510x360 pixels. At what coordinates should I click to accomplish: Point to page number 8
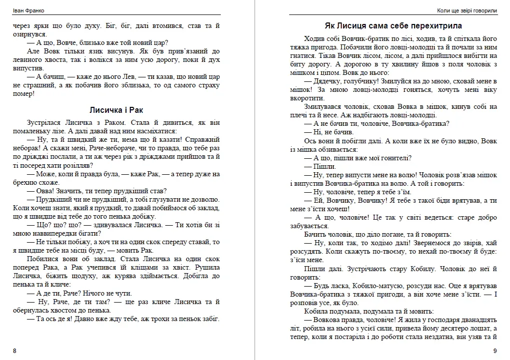point(14,351)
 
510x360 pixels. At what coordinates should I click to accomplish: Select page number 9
point(495,351)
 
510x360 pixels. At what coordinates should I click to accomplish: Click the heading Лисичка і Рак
point(116,110)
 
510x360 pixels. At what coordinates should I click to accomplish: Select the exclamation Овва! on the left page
point(47,190)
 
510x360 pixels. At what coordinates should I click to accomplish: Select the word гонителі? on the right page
point(393,158)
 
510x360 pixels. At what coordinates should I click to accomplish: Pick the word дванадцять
point(477,320)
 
